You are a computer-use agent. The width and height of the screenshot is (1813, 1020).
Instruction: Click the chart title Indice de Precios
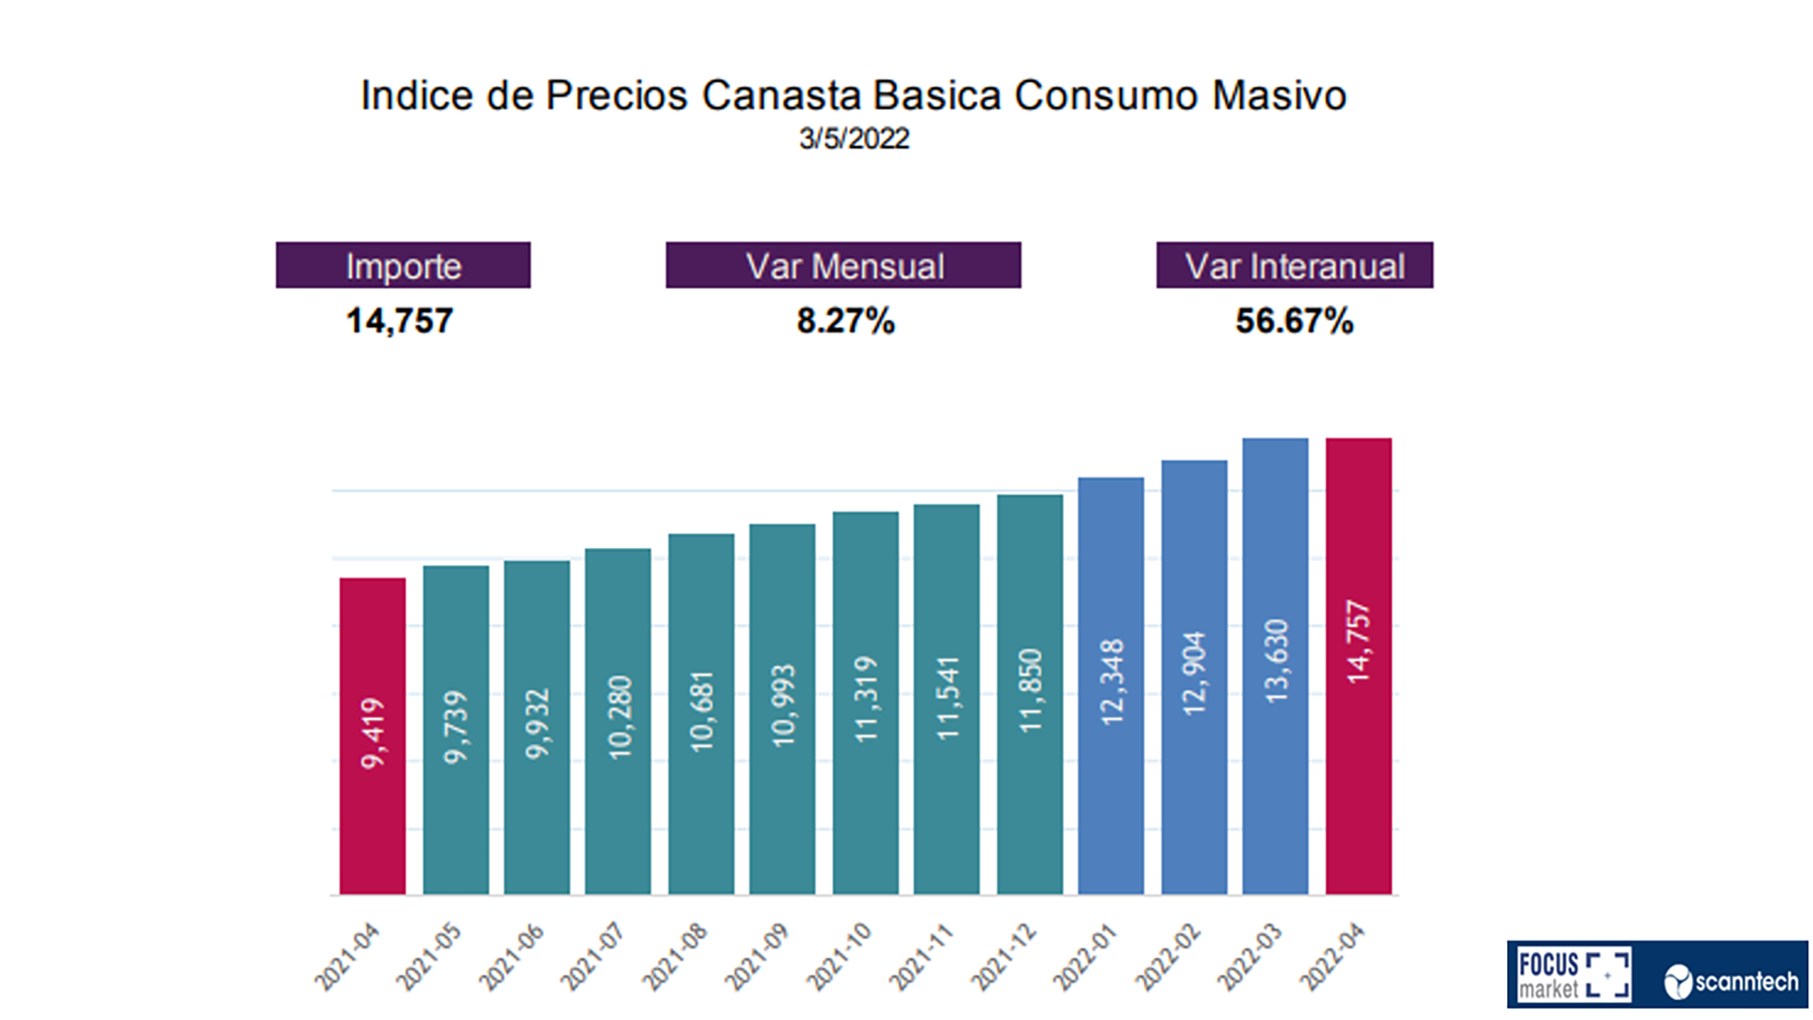click(853, 95)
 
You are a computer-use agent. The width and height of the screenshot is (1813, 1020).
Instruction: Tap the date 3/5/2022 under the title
click(854, 139)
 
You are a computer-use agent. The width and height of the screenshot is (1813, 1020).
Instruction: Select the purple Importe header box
click(403, 265)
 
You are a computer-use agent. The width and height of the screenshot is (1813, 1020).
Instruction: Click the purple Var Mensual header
click(843, 265)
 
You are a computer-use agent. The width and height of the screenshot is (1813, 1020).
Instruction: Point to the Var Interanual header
click(1295, 265)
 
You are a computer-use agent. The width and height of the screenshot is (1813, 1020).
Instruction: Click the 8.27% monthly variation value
click(845, 321)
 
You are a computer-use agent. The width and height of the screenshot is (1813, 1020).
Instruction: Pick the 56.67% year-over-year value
click(1295, 321)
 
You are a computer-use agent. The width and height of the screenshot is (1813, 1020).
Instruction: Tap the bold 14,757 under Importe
click(399, 321)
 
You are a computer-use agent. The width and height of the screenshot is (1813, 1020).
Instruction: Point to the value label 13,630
click(1276, 661)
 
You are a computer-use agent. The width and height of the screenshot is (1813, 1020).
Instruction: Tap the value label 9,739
click(456, 727)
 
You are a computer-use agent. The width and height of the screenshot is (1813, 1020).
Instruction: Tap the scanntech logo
click(1732, 981)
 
